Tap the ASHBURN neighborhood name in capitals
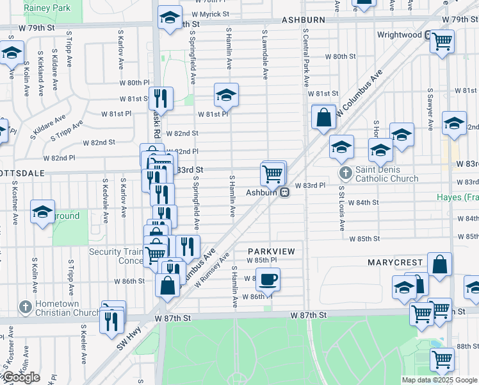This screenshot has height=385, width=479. click(x=304, y=21)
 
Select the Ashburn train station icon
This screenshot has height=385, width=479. click(x=286, y=192)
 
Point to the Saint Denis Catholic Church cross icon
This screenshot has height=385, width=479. click(x=346, y=173)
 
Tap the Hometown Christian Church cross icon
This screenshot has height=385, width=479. click(x=26, y=307)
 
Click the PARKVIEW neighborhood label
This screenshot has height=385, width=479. click(x=275, y=251)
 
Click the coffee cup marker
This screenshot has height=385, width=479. click(x=267, y=279)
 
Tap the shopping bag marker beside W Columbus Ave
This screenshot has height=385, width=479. click(x=324, y=117)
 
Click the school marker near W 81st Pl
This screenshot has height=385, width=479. click(x=226, y=96)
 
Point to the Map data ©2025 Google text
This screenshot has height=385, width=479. click(x=439, y=380)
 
